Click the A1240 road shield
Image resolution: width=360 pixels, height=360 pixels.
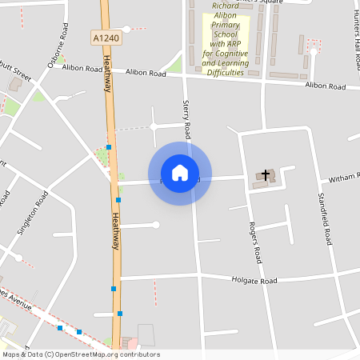pyautogui.click(x=107, y=38)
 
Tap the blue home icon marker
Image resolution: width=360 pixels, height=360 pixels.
pyautogui.click(x=180, y=173)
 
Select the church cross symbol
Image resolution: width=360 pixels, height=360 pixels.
pyautogui.click(x=266, y=174)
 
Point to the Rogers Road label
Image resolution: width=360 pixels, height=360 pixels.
pyautogui.click(x=254, y=242)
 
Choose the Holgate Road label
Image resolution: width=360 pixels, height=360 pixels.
pyautogui.click(x=254, y=281)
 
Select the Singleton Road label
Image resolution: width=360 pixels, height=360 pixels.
pyautogui.click(x=27, y=213)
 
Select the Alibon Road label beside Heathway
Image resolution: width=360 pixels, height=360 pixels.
pyautogui.click(x=146, y=73)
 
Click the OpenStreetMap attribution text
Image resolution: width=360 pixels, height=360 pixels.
pyautogui.click(x=81, y=354)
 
